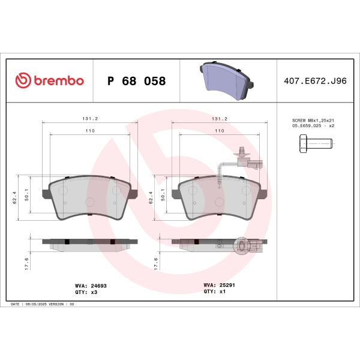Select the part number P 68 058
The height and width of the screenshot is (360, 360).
coord(136,80)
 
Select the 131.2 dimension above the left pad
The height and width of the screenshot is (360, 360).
coord(89,119)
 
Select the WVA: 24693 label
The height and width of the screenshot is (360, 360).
coord(87,286)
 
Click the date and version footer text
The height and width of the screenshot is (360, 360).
coord(43,305)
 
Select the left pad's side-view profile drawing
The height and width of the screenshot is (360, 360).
coord(89,242)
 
